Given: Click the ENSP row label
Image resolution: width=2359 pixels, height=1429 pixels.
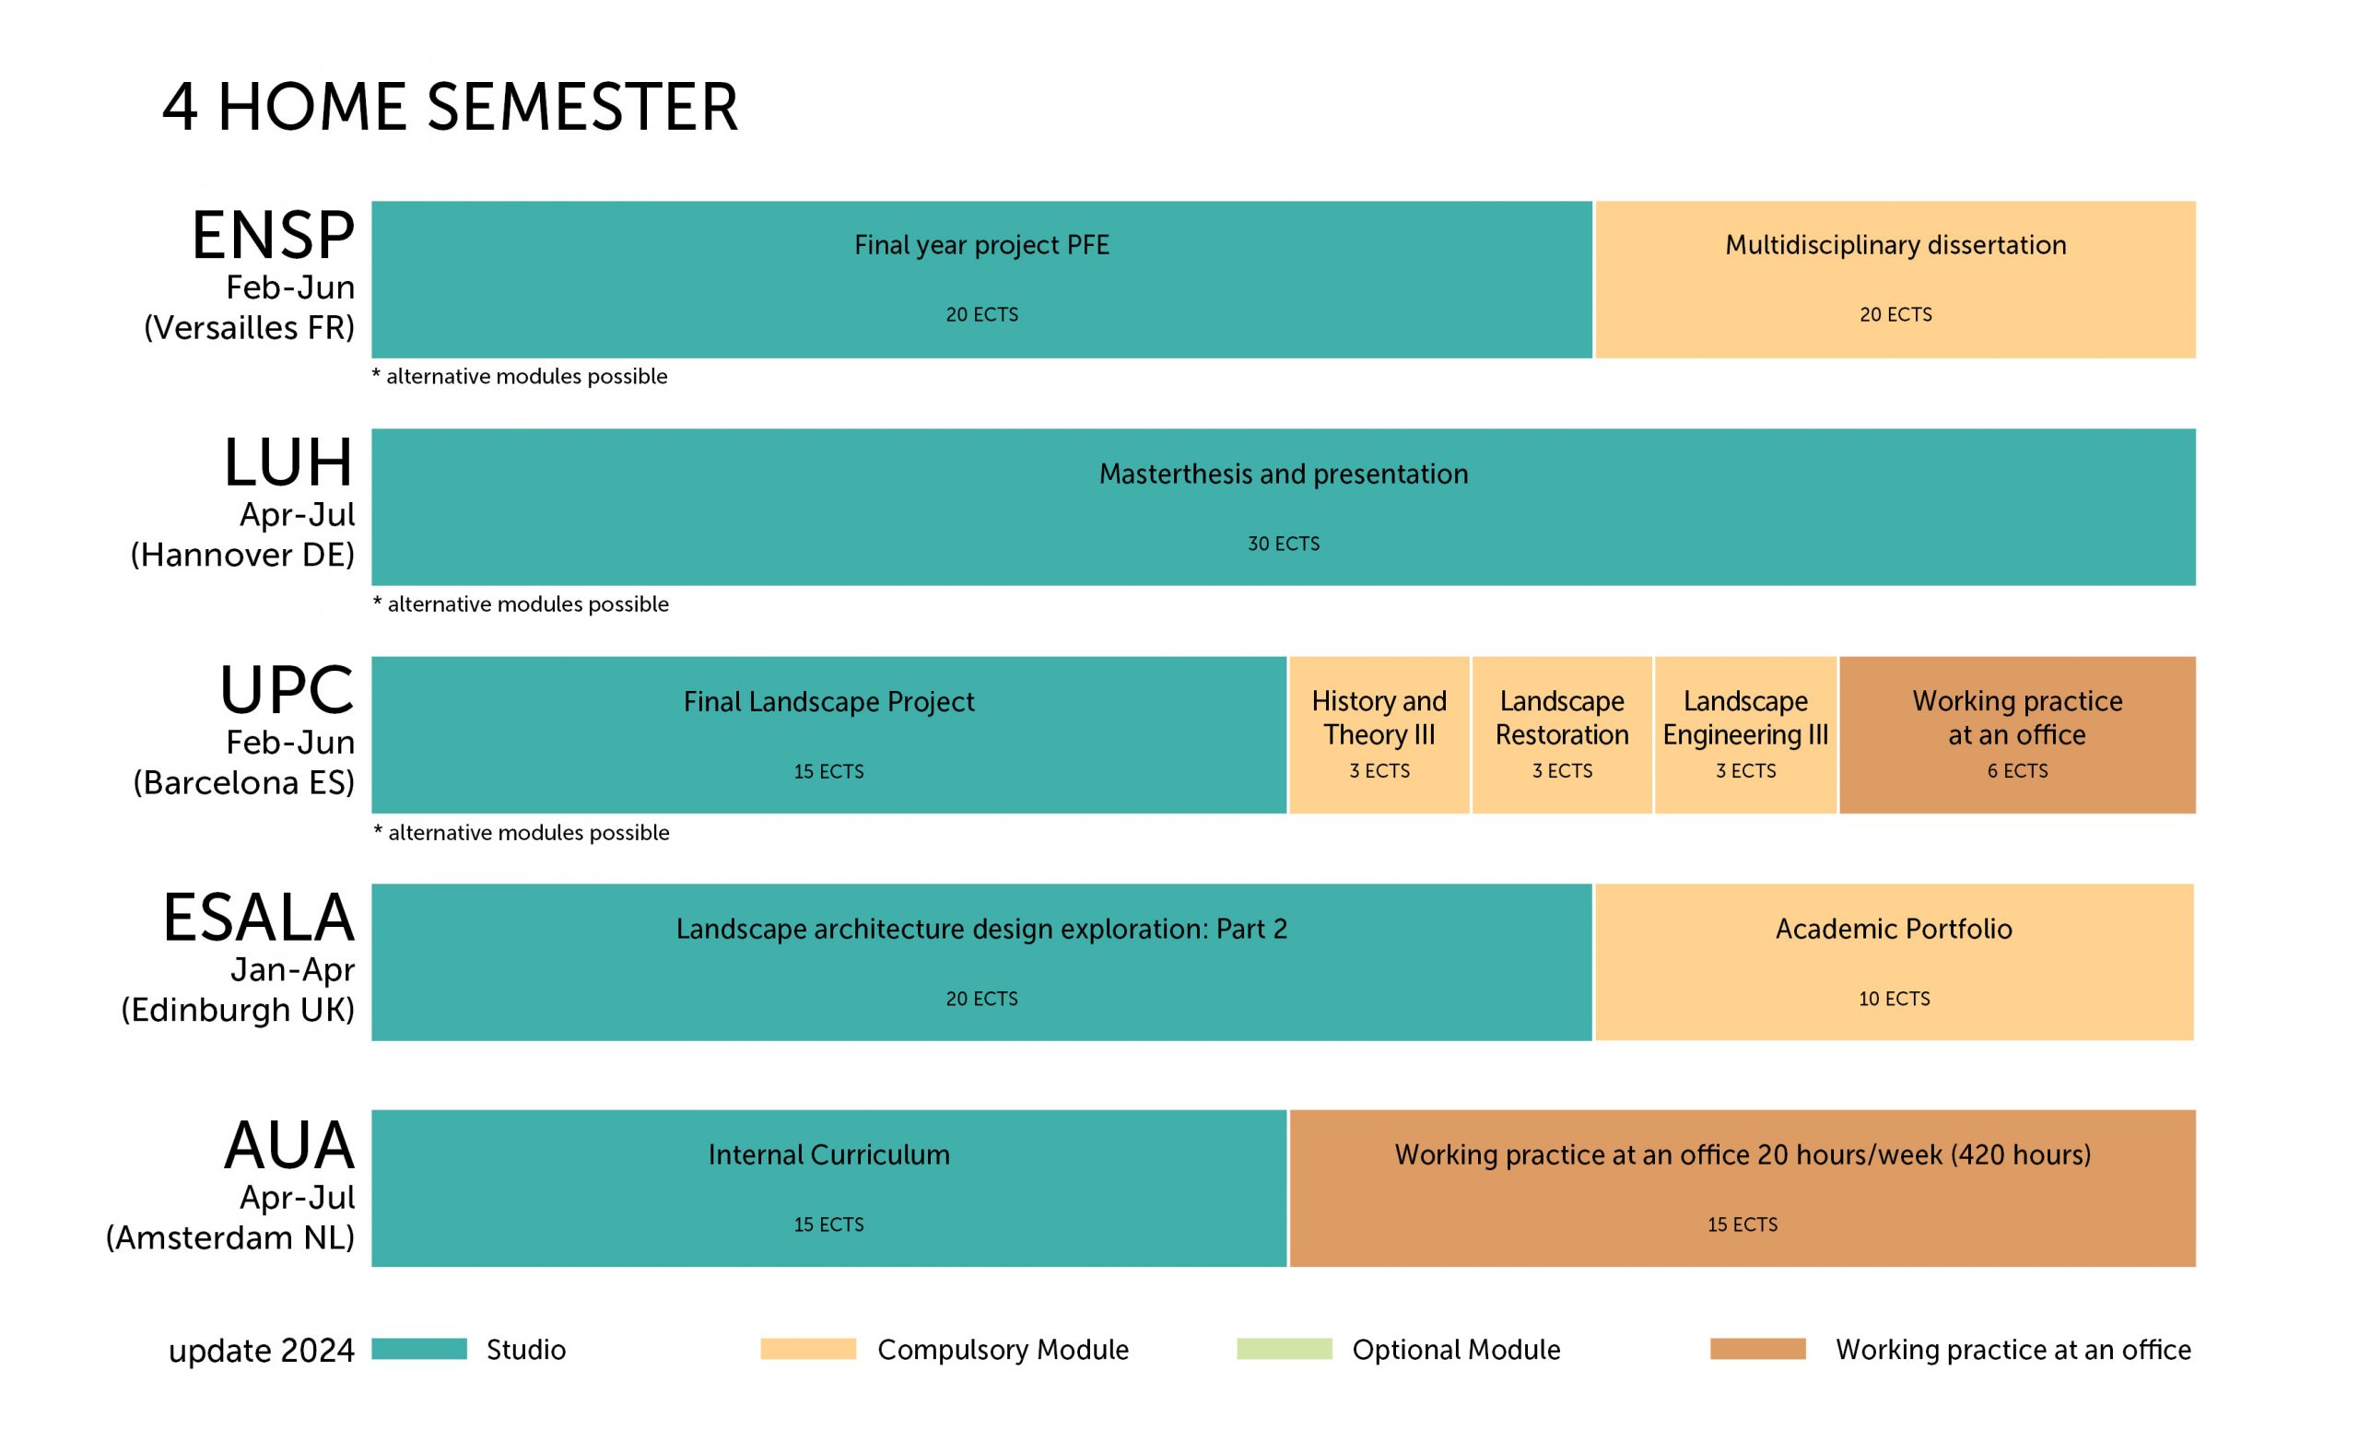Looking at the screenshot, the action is (274, 236).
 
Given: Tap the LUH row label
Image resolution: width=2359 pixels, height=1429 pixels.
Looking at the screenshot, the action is (289, 463).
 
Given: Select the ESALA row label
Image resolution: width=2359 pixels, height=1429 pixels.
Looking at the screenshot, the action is (260, 918).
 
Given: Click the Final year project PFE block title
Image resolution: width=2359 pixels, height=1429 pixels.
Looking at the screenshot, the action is (981, 245).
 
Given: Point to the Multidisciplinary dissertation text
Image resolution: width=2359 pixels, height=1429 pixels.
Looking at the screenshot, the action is (1895, 245).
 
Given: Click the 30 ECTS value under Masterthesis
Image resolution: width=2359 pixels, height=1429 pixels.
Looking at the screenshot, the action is (1283, 544).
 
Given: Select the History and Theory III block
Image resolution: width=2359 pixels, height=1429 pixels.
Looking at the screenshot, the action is (1379, 735).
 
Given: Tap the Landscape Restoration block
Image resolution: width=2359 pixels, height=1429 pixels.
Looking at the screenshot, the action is (1562, 735).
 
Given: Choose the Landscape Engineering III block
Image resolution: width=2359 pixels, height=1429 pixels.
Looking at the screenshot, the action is (1745, 735).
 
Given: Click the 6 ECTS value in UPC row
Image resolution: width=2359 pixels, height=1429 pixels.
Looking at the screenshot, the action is (2017, 770).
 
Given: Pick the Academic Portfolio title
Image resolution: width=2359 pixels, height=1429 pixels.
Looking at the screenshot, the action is (1894, 929).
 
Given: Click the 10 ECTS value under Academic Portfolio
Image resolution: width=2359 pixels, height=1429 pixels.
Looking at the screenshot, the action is (1894, 999).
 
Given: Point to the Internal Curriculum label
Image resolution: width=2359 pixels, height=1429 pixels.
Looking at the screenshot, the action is (829, 1154).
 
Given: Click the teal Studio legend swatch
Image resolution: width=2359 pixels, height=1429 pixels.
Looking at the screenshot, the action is (419, 1349).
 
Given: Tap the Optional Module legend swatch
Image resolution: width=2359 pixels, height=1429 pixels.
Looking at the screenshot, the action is (1284, 1349).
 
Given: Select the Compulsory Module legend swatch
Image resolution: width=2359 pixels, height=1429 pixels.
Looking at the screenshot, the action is (808, 1349).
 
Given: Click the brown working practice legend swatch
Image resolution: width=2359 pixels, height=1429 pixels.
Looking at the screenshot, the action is (1758, 1349).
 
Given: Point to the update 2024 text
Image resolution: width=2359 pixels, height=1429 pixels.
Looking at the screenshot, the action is (262, 1351).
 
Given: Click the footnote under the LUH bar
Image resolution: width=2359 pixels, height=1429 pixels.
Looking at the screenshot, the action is (521, 604).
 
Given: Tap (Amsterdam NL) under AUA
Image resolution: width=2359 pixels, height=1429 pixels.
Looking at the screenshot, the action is (229, 1237).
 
